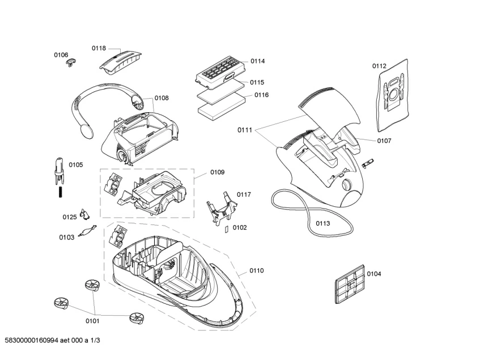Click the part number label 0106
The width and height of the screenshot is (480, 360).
(61, 54)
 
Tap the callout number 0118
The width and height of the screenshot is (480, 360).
(99, 49)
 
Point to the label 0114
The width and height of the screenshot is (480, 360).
(257, 61)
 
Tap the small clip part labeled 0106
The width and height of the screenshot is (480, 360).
(71, 61)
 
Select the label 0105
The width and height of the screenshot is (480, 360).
(75, 165)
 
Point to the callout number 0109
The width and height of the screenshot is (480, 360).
(217, 172)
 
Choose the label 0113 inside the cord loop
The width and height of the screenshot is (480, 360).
(322, 223)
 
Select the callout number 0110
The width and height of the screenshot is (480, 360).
(256, 270)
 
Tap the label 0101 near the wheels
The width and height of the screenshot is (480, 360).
(92, 321)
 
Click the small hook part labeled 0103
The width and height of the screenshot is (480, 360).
(86, 231)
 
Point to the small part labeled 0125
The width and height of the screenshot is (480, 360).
(84, 214)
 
